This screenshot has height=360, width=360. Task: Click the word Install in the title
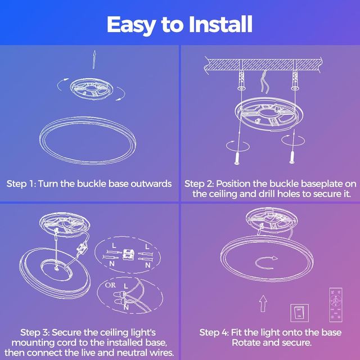(220, 24)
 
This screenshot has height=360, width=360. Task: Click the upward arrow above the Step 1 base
(94, 60)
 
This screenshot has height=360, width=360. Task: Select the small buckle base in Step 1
(91, 89)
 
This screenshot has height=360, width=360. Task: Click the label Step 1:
(21, 184)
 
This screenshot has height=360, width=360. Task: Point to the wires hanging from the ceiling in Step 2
(264, 82)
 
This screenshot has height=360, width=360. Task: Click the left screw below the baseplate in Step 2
(237, 158)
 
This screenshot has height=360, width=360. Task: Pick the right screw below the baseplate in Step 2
(292, 157)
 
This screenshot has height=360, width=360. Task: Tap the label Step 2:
(199, 184)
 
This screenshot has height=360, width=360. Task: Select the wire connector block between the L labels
(128, 255)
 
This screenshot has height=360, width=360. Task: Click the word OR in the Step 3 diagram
(110, 285)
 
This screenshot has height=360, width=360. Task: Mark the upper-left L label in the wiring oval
(114, 246)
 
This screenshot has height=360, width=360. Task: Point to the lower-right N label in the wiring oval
(148, 265)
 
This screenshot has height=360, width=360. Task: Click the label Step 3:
(35, 332)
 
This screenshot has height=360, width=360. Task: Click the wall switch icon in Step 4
(299, 313)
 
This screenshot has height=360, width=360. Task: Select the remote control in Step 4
(336, 305)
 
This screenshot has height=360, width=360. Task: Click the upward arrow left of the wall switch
(263, 304)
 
